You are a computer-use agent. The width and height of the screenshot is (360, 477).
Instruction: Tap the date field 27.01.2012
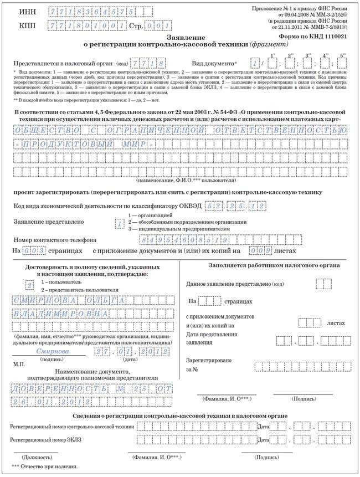point(130,353)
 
